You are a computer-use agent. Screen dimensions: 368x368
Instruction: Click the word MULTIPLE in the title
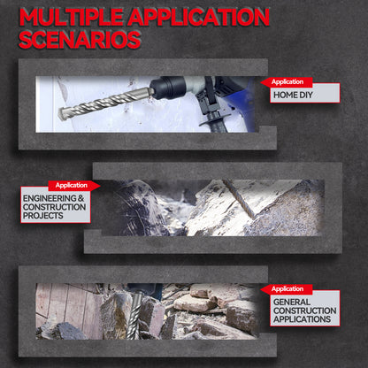click(x=71, y=17)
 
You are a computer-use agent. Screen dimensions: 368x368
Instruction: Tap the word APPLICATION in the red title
click(x=198, y=17)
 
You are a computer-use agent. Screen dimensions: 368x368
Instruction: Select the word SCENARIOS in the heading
click(x=80, y=40)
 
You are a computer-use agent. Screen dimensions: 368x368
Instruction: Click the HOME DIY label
click(x=293, y=95)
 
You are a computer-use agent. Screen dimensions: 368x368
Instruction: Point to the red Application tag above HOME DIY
click(x=287, y=82)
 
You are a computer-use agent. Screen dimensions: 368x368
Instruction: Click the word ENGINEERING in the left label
click(x=50, y=198)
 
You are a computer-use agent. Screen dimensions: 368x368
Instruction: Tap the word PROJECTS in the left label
click(x=43, y=216)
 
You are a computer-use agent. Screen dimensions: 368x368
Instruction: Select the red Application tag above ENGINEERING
click(x=74, y=186)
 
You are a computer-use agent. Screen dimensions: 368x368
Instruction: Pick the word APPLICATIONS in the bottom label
click(x=302, y=319)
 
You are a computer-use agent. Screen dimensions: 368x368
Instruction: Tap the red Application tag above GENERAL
click(x=287, y=289)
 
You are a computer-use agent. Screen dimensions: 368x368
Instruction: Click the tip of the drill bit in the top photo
click(x=59, y=114)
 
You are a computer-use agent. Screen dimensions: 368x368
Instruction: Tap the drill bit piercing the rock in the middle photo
click(x=239, y=198)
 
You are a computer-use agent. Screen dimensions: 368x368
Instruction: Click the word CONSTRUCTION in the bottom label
click(x=304, y=310)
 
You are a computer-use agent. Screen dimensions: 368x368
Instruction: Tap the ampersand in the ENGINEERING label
click(x=81, y=198)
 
